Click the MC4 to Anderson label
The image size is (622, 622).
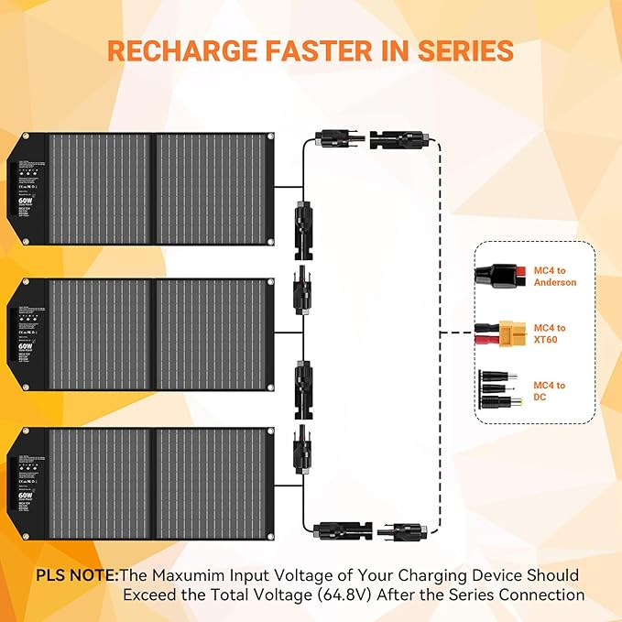pyautogui.click(x=554, y=276)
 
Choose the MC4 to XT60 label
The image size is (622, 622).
pyautogui.click(x=550, y=333)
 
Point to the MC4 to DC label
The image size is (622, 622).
pyautogui.click(x=549, y=391)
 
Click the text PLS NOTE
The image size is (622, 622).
pyautogui.click(x=78, y=575)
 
